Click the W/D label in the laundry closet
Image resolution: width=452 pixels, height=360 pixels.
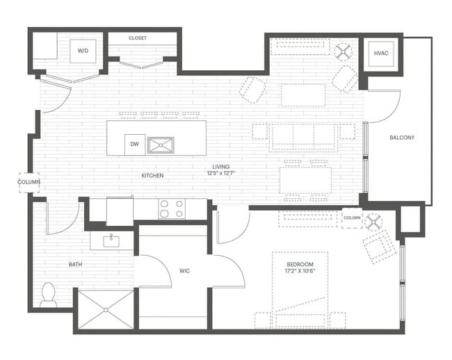(83, 51)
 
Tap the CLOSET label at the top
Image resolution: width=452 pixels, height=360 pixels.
(138, 38)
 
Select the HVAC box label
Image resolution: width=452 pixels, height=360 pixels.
(381, 53)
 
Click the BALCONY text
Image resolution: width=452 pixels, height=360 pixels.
(401, 138)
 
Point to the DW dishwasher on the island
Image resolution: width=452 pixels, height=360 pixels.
(134, 145)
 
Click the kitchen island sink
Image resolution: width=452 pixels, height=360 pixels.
(161, 145)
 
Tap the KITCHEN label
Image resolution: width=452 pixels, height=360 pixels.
(152, 176)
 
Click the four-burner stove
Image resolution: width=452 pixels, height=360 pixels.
(172, 208)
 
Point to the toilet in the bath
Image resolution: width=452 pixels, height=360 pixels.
(49, 295)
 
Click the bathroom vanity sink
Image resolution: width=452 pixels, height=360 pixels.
(111, 240)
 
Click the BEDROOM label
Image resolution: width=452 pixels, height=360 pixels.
(300, 265)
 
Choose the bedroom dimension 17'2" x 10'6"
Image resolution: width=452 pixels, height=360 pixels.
(300, 272)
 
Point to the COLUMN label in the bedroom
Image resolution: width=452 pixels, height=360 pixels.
(352, 218)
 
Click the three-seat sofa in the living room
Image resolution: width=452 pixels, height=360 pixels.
(302, 137)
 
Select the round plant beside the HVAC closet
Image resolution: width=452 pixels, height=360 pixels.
(343, 51)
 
